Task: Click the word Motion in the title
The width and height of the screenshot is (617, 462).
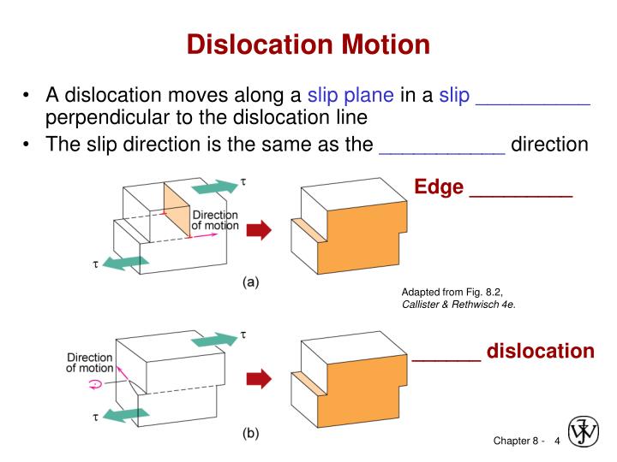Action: [386, 44]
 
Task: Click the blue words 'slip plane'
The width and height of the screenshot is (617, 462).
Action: [350, 96]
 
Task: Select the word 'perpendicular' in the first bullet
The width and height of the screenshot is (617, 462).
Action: [107, 117]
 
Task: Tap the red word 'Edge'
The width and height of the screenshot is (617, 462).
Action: [439, 187]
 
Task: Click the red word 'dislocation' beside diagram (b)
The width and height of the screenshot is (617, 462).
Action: [540, 351]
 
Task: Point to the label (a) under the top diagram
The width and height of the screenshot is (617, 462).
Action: [250, 282]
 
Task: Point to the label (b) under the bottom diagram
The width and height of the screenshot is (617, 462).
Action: [250, 433]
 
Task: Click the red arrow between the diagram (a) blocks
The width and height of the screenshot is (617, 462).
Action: [259, 230]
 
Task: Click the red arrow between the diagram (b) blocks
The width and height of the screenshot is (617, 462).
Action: [259, 379]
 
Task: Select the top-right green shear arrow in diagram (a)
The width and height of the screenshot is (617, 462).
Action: [215, 187]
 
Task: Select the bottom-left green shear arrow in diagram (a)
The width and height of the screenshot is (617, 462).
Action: [125, 263]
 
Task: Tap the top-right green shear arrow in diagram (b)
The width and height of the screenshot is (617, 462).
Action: [215, 340]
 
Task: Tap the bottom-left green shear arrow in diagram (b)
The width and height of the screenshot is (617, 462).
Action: [125, 415]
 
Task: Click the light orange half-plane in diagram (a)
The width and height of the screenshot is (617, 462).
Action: [177, 210]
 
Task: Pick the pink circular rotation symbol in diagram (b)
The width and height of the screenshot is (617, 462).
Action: [95, 384]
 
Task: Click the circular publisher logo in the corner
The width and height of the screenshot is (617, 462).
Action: [584, 432]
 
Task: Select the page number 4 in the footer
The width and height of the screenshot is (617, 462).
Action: [557, 441]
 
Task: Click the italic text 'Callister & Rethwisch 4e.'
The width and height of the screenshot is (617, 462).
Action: [458, 305]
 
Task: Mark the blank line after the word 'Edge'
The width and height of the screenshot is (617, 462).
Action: [521, 195]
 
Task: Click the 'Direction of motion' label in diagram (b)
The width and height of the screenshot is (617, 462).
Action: [90, 363]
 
